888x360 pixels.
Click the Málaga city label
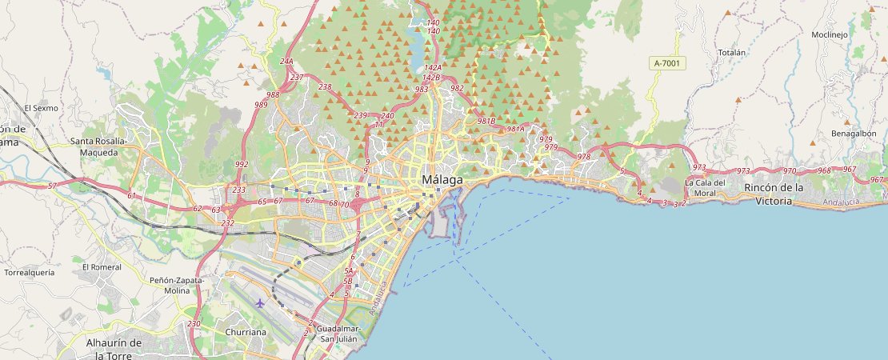pyautogui.click(x=442, y=180)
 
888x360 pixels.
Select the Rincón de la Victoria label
pyautogui.click(x=774, y=194)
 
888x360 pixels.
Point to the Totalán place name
pyautogui.click(x=731, y=53)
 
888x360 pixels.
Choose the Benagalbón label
pyautogui.click(x=854, y=134)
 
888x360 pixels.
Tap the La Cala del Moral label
pyautogui.click(x=706, y=187)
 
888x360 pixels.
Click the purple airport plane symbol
pyautogui.click(x=260, y=303)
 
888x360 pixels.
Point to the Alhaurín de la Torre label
pyautogui.click(x=114, y=349)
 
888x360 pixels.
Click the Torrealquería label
pyautogui.click(x=30, y=272)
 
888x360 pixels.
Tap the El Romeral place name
pyautogui.click(x=102, y=266)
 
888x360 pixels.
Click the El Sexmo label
pyautogui.click(x=38, y=107)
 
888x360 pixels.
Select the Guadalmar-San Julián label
pyautogui.click(x=339, y=334)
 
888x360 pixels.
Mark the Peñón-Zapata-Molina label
pyautogui.click(x=178, y=286)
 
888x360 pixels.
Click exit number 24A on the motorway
pyautogui.click(x=286, y=62)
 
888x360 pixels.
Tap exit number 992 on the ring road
pyautogui.click(x=242, y=164)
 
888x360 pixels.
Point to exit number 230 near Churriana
pyautogui.click(x=194, y=323)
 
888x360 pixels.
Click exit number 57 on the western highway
pyautogui.click(x=52, y=186)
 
